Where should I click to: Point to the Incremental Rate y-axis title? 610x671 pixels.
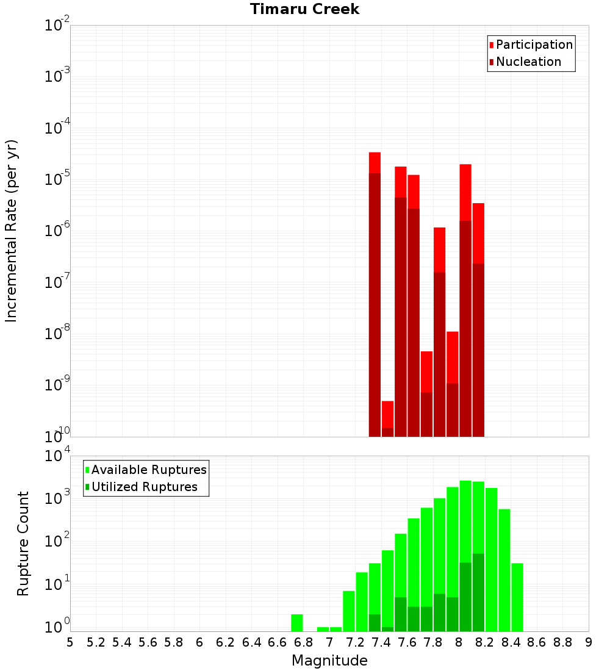pos(12,231)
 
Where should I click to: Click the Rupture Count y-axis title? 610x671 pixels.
pos(23,543)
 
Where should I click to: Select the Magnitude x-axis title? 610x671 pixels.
pos(329,661)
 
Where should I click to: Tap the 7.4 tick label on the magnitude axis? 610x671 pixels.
pos(381,642)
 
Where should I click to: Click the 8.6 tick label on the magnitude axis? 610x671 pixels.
pos(537,642)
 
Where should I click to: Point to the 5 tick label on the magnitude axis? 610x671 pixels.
pos(70,642)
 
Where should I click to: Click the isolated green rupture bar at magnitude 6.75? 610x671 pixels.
pos(297,623)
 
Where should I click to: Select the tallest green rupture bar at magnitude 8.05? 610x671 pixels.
pos(465,518)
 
